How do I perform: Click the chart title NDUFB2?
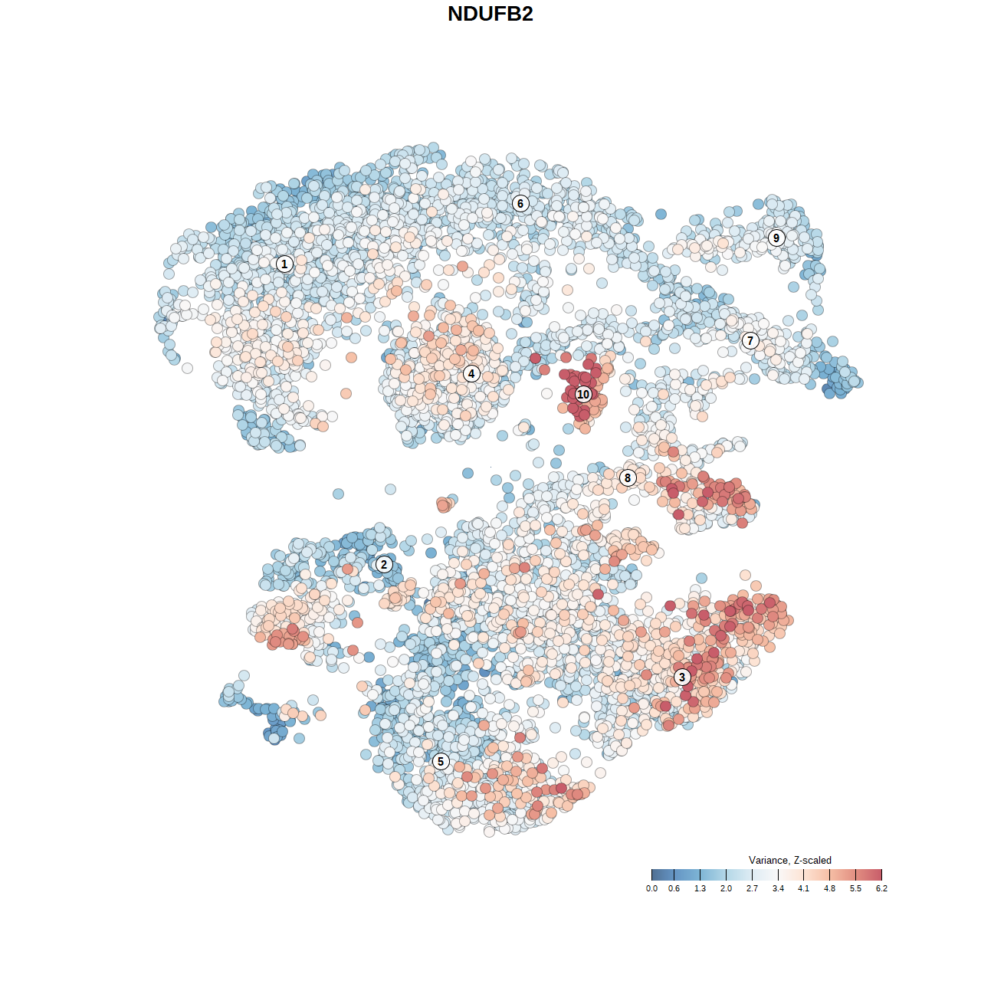[490, 14]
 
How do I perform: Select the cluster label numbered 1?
[284, 264]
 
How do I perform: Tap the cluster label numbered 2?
[384, 565]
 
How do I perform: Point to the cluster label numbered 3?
[682, 677]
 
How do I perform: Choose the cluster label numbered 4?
[471, 374]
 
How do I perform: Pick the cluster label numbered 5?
[441, 761]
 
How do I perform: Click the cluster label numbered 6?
[520, 203]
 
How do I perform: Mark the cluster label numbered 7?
[750, 341]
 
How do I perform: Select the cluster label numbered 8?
[628, 477]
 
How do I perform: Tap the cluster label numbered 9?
[776, 238]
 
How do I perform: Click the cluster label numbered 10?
[583, 394]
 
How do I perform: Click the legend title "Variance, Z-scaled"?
[789, 860]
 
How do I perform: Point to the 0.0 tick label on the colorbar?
[651, 889]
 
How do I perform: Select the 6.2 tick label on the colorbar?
[881, 889]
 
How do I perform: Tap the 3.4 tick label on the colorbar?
[778, 889]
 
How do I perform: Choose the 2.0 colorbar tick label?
[726, 889]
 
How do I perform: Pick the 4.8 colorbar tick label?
[829, 889]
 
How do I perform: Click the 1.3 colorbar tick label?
[700, 889]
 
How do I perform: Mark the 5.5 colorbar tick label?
[855, 889]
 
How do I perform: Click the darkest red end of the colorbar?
[878, 874]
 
